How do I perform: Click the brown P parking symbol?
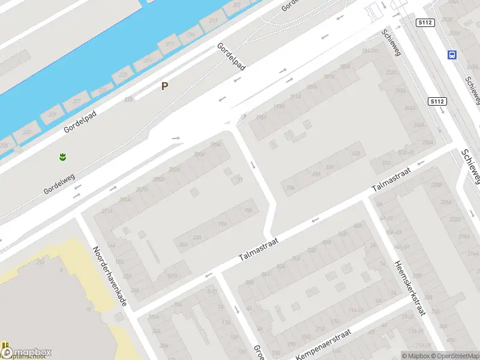click(x=164, y=86)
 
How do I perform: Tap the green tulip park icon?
click(x=61, y=158)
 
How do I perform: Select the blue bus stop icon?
click(x=451, y=55)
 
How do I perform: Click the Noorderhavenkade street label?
click(x=110, y=275)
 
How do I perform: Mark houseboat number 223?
click(x=123, y=75)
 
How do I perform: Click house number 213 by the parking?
click(x=128, y=100)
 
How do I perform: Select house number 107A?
click(x=173, y=276)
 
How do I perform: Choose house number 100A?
click(x=154, y=316)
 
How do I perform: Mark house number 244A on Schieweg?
click(x=410, y=109)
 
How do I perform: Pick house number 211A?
click(x=107, y=211)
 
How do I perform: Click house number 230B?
click(x=436, y=184)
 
